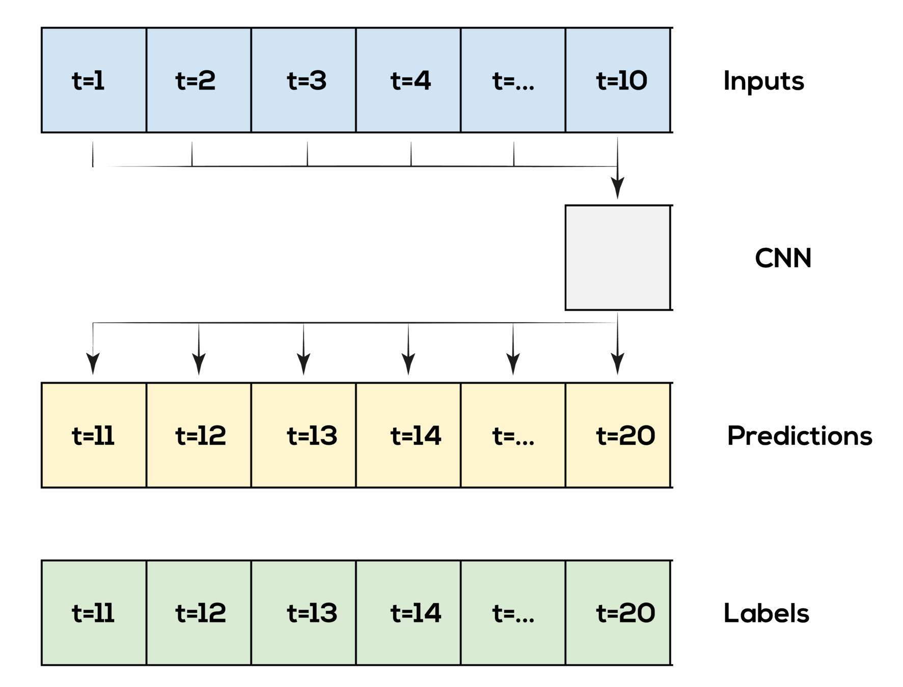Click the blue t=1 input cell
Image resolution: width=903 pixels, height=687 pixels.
[94, 80]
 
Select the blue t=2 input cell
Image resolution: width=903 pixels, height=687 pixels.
[199, 80]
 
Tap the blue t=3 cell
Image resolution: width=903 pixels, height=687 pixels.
[304, 80]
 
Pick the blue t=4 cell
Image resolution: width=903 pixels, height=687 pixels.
[408, 80]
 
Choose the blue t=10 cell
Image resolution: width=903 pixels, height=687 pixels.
[618, 80]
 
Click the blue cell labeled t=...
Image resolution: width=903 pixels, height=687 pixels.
[513, 80]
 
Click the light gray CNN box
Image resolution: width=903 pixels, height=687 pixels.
[618, 257]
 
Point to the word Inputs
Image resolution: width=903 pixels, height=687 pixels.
[765, 81]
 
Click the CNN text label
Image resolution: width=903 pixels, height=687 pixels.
[781, 257]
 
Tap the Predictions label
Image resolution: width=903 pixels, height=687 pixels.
[801, 436]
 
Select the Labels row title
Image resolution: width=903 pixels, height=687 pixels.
[768, 613]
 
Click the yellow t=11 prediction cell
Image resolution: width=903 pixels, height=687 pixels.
[94, 435]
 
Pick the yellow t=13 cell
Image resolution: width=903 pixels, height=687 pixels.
[304, 435]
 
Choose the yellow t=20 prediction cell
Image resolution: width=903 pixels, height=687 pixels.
[618, 435]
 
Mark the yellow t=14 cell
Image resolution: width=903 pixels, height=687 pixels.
[408, 435]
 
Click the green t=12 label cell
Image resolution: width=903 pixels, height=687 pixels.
[199, 613]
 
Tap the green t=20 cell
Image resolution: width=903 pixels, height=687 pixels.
[618, 613]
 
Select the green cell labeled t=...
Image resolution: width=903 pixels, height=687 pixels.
[513, 613]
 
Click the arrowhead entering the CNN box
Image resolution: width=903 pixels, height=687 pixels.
[618, 189]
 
